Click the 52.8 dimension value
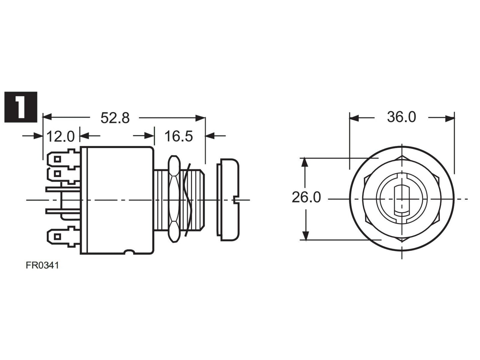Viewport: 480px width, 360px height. click(x=115, y=118)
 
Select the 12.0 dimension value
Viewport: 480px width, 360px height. click(x=60, y=136)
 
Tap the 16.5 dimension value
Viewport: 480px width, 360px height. click(x=179, y=136)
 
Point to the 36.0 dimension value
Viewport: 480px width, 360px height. click(x=402, y=117)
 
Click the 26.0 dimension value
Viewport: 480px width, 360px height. click(x=306, y=197)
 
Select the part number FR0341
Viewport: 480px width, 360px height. click(x=43, y=266)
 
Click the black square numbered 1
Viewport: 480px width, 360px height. click(x=21, y=107)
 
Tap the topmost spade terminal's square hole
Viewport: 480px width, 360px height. click(x=57, y=159)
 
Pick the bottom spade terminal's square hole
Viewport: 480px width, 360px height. click(x=57, y=237)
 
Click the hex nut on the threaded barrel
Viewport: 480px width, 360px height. click(x=174, y=199)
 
